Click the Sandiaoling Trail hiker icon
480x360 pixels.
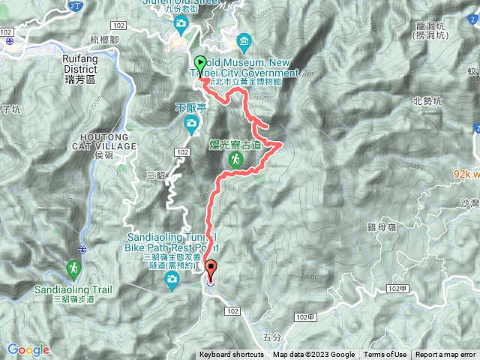coord(73,268)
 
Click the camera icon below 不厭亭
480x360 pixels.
coord(192,122)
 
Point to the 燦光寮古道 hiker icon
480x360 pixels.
coord(235,160)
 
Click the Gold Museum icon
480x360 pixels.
coord(242,40)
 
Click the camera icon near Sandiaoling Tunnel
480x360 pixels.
coord(172,281)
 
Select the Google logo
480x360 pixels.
coord(28,349)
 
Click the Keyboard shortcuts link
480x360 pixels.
coord(231,355)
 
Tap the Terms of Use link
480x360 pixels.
coord(385,355)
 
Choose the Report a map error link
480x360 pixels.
coord(445,355)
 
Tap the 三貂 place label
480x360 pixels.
coord(155,175)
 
